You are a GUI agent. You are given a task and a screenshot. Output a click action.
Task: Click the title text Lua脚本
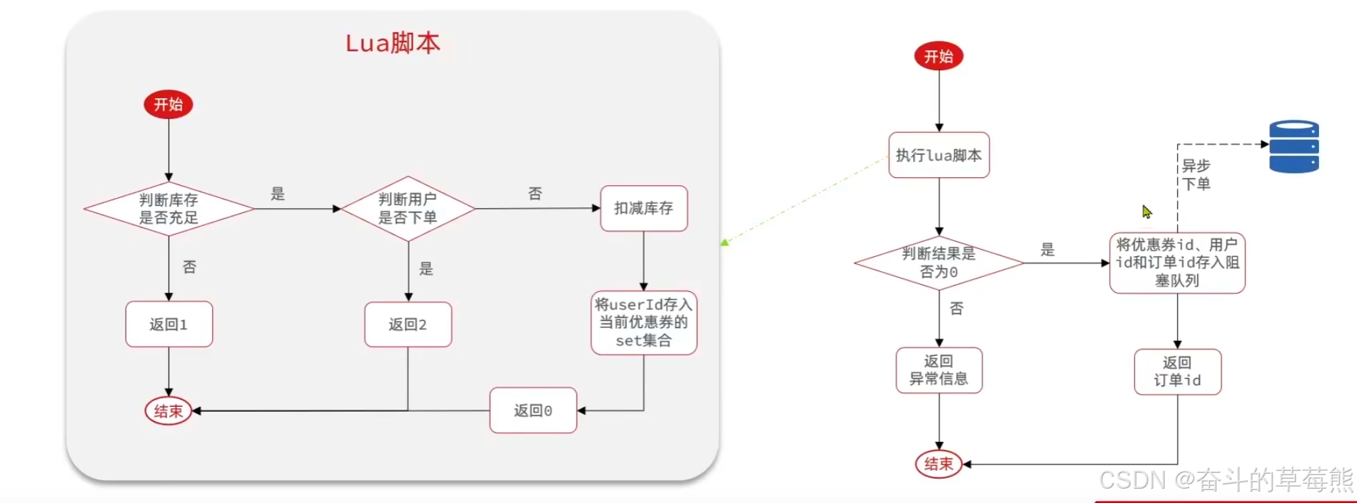click(392, 43)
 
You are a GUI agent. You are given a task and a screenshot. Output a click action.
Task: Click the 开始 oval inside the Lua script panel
click(169, 105)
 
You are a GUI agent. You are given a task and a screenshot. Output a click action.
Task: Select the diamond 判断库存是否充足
click(169, 209)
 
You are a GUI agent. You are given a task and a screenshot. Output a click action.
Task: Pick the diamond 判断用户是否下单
click(407, 208)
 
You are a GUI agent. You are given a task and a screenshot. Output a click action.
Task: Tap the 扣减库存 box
click(643, 208)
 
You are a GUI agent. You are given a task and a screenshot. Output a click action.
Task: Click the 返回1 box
click(169, 324)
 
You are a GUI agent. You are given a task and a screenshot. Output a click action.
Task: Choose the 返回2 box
click(407, 324)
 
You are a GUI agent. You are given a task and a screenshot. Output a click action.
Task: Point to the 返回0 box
click(533, 410)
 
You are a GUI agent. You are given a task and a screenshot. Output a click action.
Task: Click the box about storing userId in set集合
click(643, 322)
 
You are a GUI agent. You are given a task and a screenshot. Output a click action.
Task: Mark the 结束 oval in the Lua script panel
click(169, 411)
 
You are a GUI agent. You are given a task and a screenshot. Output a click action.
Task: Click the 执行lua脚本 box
click(938, 155)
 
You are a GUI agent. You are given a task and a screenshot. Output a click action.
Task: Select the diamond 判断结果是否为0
click(938, 263)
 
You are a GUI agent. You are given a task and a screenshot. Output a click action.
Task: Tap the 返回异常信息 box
click(938, 370)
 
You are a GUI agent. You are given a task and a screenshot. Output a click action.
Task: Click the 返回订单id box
click(1177, 372)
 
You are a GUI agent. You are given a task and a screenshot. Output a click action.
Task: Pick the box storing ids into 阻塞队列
click(1177, 263)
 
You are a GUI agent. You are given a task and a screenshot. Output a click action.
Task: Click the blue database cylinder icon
click(1294, 146)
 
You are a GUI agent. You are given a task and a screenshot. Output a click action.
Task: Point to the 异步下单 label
click(1196, 175)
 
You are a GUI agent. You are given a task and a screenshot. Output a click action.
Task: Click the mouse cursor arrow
click(1147, 212)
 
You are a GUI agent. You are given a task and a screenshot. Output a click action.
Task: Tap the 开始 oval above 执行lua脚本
click(938, 56)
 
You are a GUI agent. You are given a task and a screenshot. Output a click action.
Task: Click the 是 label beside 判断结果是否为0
click(1048, 250)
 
